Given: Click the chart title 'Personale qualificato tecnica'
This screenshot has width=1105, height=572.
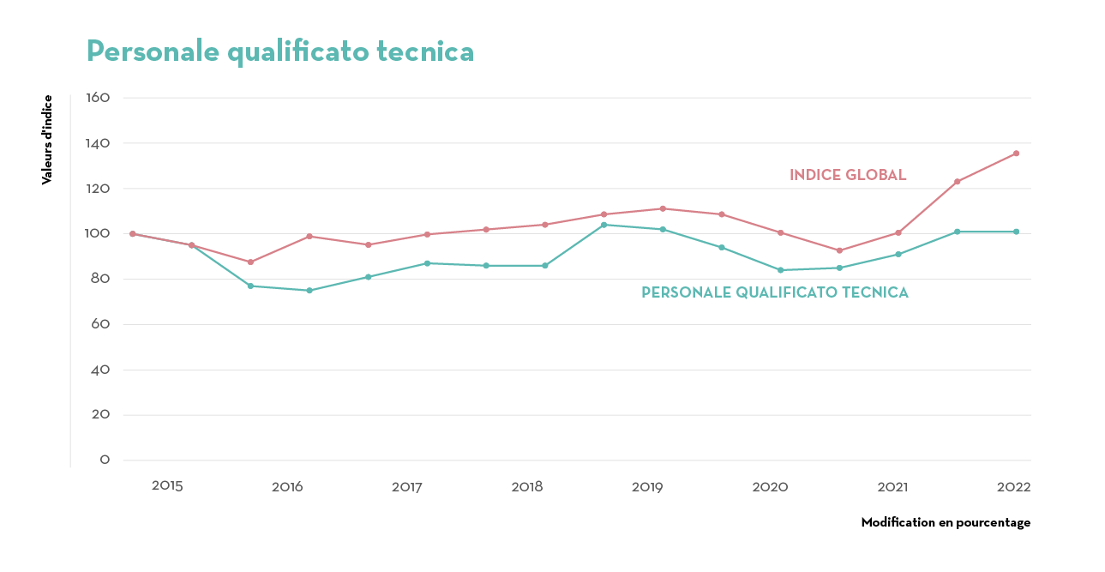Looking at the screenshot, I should pos(280,51).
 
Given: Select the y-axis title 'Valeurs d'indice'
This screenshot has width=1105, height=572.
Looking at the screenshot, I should pos(47,140).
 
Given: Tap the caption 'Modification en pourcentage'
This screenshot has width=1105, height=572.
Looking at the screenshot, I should pos(946,522).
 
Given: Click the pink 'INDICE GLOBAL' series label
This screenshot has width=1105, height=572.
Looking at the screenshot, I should pos(847,175).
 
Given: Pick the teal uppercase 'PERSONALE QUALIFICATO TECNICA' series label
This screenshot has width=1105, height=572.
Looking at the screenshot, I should pos(774,292).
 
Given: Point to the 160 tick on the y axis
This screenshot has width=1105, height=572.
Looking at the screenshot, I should pos(99,98).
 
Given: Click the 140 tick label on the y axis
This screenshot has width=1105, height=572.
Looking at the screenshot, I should pos(99,143).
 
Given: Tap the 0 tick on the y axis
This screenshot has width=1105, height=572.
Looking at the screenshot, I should pos(105,460).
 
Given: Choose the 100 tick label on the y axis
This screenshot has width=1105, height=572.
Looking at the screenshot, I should pos(99,233).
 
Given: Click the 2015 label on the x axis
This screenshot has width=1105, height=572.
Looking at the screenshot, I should pos(167,485).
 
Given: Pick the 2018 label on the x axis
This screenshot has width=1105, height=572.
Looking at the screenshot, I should pos(527,487).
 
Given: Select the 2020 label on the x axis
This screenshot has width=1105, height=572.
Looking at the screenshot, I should pos(770,487).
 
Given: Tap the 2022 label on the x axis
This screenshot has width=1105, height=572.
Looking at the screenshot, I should pos(1013,487).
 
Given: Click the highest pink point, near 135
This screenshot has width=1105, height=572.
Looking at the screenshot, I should pos(1016,154).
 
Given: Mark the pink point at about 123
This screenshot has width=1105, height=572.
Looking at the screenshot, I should pos(957,182).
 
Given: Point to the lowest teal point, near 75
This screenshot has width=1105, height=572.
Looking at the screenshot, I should pos(309,291).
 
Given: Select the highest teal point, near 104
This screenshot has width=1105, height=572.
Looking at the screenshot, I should pos(604,225).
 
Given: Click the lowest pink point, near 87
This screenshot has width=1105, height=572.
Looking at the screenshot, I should pos(250,262).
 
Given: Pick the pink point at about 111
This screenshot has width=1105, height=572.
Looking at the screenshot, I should pos(663,208).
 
